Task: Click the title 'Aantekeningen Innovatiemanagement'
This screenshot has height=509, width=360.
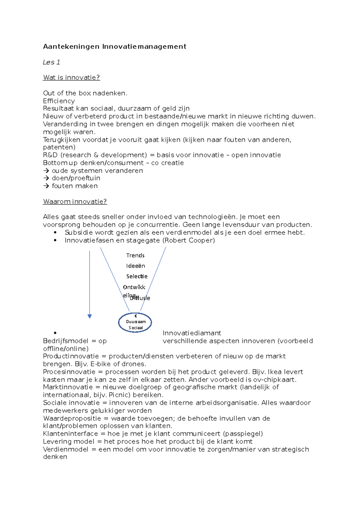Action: coord(115,46)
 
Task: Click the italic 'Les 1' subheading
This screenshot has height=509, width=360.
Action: coord(51,62)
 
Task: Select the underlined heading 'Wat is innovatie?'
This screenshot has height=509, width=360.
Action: coord(71,77)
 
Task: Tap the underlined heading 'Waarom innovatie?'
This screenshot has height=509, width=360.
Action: coord(75,201)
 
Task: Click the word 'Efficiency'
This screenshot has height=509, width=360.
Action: coord(59,101)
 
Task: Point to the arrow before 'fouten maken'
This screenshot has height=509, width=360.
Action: coord(46,186)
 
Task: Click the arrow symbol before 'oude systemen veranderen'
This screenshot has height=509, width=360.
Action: coord(46,171)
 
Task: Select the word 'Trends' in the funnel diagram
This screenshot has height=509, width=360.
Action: coord(135,255)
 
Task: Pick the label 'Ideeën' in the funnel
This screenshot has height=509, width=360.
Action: coord(136,266)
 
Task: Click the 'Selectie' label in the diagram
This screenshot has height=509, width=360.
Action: coord(137,276)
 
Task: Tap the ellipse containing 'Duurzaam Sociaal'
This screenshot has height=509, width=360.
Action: coord(135,323)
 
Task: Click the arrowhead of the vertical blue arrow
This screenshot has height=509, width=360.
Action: coord(89,316)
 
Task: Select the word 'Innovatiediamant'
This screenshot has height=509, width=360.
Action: coord(192,333)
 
